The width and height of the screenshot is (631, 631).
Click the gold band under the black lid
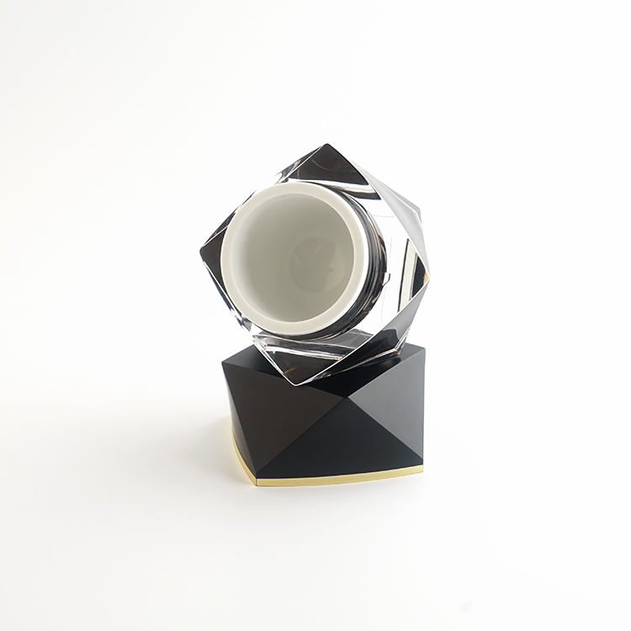click(x=337, y=480)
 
